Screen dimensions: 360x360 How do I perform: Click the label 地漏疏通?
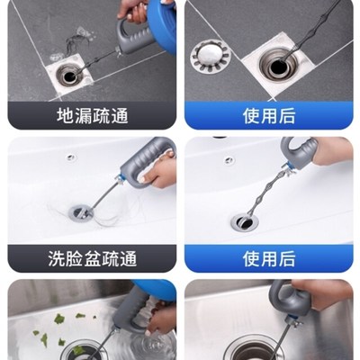[x=88, y=115]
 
